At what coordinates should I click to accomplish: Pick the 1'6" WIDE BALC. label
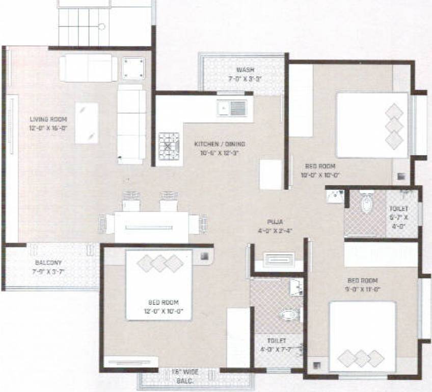point(175,377)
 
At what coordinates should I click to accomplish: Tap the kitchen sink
point(232,108)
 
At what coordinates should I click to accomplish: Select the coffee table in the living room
point(87,123)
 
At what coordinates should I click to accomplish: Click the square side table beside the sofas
point(133,68)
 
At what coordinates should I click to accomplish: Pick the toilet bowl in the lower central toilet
point(289,314)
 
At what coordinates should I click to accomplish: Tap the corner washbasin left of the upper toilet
point(334,196)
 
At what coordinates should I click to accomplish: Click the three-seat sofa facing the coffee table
point(131,124)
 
